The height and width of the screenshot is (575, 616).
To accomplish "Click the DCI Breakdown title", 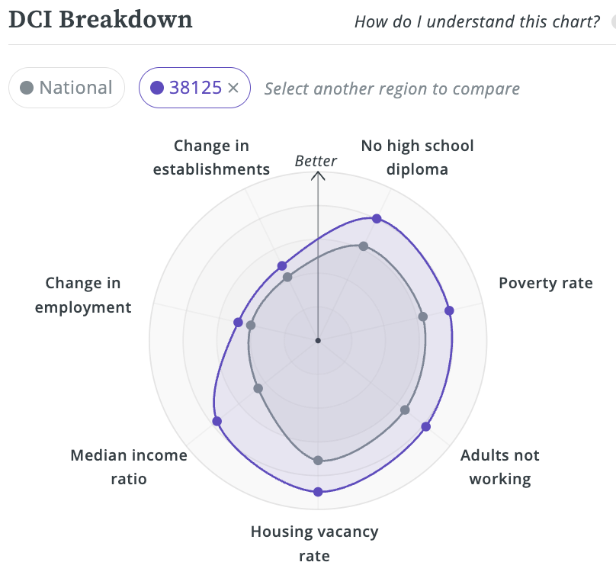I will pos(100,19).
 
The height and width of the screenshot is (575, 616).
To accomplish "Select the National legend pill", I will pos(66,88).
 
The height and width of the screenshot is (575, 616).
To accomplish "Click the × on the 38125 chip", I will pos(233,88).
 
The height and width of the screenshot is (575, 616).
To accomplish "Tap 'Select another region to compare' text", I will pos(392,88).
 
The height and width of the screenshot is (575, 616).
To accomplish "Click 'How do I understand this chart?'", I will pos(477,21).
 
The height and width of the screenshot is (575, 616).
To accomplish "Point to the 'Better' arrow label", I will pos(316,161).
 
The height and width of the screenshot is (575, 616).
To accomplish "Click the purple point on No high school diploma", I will pos(377,219).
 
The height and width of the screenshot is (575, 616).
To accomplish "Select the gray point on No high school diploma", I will pos(364,246).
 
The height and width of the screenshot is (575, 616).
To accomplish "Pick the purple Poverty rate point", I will pos(449,310).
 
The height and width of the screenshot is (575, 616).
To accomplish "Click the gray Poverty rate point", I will pos(423,316).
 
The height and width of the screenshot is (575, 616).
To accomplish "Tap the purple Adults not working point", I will pos(425,426).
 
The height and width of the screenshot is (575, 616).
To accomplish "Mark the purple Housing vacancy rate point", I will pos(318,492).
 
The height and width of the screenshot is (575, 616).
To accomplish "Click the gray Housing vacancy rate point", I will pos(318,461).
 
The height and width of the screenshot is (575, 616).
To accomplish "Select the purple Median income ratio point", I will pos(217,421).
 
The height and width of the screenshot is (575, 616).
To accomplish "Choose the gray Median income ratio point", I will pos(258,388).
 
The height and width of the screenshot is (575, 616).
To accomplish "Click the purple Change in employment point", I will pos(238,321).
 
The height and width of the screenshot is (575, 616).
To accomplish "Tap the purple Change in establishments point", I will pos(282,265).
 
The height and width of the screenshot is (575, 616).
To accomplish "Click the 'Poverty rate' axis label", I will pos(545,283).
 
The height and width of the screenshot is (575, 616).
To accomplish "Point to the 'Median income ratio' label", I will pos(128,467).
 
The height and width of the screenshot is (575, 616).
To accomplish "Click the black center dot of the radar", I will pos(318,339).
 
